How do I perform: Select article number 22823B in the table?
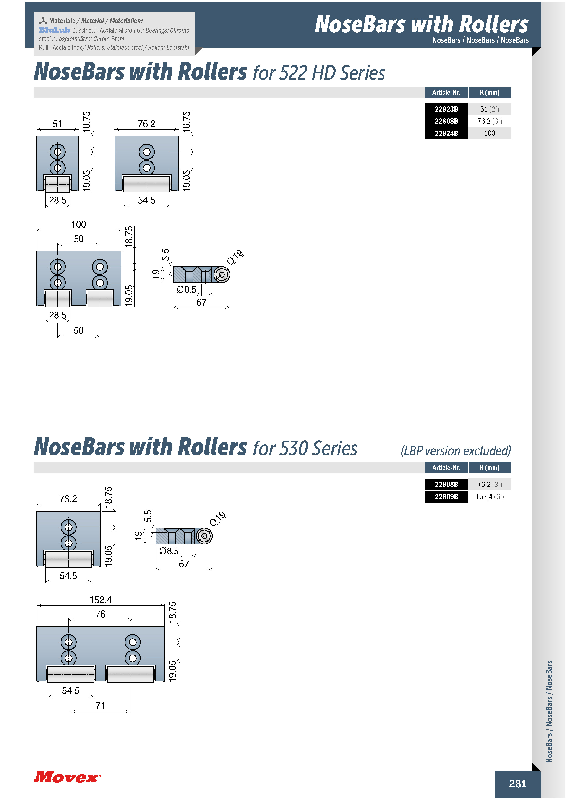coord(446,109)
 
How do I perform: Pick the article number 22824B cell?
coord(446,133)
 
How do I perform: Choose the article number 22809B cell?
coord(446,496)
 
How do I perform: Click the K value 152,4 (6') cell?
coord(490,496)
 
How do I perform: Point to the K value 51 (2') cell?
coord(490,109)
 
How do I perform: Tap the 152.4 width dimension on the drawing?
coord(101,600)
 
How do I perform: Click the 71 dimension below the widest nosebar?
coord(100,706)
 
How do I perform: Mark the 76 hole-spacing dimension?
coord(100,614)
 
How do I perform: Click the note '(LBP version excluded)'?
coord(456,451)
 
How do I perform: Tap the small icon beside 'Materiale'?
coord(43,21)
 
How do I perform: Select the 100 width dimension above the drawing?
coord(79,224)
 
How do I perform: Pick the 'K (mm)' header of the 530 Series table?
coord(490,468)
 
